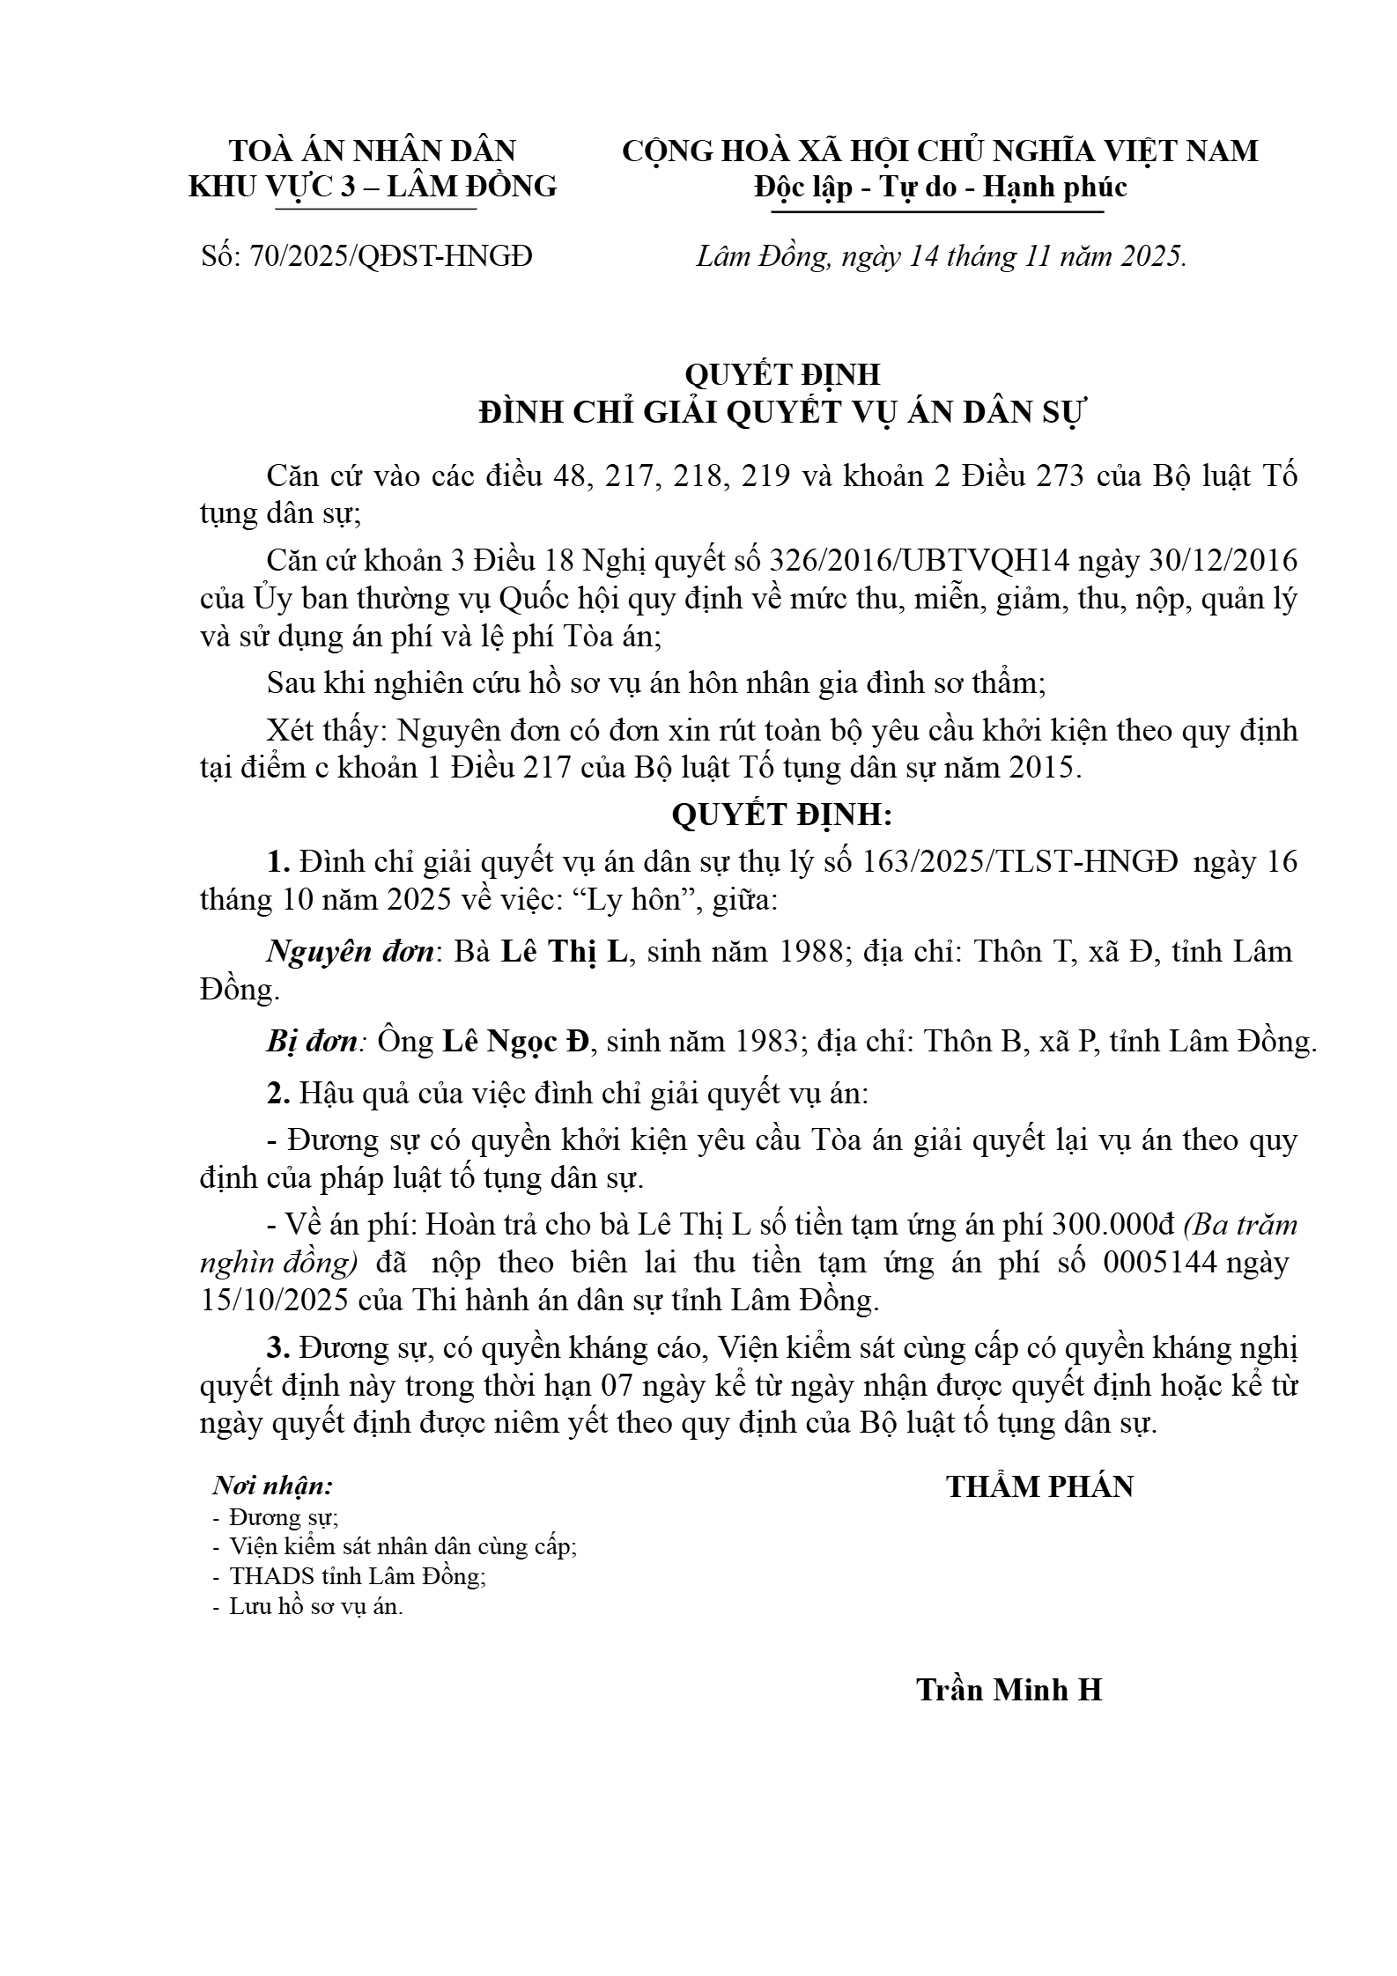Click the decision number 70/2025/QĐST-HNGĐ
point(391,256)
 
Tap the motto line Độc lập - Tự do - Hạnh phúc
point(940,188)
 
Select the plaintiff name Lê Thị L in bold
point(564,952)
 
